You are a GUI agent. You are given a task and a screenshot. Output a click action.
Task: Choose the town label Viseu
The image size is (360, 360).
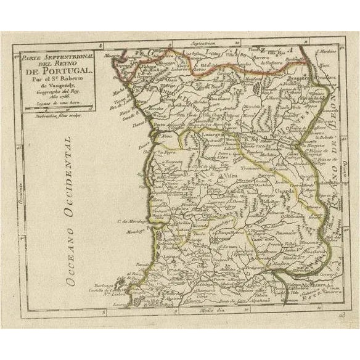click(x=229, y=176)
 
